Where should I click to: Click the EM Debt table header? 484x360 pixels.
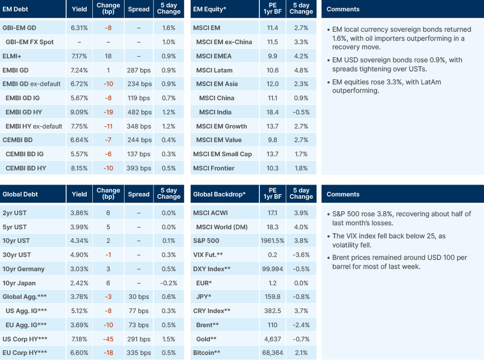[15, 9]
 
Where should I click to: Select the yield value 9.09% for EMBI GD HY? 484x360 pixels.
[79, 112]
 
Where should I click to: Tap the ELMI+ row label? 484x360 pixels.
[12, 56]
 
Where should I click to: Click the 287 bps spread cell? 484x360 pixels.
[139, 70]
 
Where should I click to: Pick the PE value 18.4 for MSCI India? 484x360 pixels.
[272, 112]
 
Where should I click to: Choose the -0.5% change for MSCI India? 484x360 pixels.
[301, 112]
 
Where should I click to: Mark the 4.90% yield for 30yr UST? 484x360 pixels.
[79, 255]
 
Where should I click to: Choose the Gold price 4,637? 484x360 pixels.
[272, 339]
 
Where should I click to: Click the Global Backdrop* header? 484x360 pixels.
[219, 194]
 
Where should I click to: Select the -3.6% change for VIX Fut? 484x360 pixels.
[301, 255]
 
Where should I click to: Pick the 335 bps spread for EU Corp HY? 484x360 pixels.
[139, 353]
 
